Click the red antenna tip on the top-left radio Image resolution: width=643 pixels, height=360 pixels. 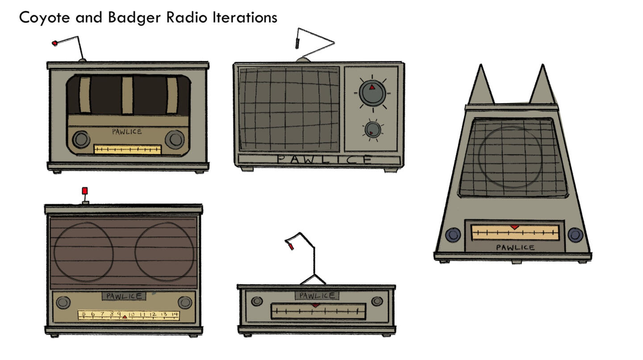[54, 43]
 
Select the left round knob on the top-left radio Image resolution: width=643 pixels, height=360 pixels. [81, 139]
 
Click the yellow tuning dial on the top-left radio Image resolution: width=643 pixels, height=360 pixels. [128, 149]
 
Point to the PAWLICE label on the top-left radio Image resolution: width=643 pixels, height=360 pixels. [127, 132]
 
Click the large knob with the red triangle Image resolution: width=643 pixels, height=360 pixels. [372, 93]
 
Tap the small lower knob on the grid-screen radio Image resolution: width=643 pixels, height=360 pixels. [372, 130]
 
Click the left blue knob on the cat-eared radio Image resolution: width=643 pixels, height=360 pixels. [453, 234]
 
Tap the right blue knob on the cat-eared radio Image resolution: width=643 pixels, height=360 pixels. [575, 234]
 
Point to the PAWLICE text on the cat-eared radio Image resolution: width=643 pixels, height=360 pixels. [515, 247]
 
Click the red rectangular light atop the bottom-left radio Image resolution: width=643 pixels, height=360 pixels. [85, 191]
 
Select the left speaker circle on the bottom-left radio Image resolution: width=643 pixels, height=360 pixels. [83, 252]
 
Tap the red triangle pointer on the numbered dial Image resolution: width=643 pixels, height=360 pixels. [125, 317]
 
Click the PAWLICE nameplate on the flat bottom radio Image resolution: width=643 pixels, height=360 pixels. [317, 296]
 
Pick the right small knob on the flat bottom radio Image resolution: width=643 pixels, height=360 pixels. [377, 301]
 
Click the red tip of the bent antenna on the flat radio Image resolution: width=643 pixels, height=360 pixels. [291, 247]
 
